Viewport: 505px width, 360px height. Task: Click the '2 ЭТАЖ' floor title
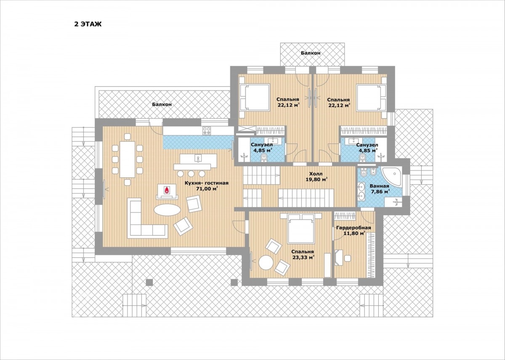(x=88, y=24)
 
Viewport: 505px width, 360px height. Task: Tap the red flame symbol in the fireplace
(x=167, y=190)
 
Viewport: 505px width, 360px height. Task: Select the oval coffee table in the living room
(x=167, y=210)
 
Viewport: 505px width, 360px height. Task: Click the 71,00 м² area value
(x=207, y=188)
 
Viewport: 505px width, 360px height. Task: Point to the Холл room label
(x=316, y=174)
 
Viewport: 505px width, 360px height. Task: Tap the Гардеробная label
(x=353, y=228)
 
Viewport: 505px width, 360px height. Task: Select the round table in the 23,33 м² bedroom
(x=266, y=262)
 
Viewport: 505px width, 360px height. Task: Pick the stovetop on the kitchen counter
(x=207, y=130)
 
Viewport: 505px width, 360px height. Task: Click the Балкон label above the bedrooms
(x=311, y=53)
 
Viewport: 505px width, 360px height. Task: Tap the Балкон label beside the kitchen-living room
(x=162, y=104)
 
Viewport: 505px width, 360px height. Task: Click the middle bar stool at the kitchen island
(x=191, y=174)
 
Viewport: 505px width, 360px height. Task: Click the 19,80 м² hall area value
(x=316, y=180)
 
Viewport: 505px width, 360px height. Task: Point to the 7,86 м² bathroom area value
(x=380, y=192)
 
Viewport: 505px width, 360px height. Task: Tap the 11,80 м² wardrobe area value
(x=354, y=233)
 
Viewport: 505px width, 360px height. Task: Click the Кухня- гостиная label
(x=207, y=183)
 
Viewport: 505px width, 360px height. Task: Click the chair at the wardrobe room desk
(x=348, y=258)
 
